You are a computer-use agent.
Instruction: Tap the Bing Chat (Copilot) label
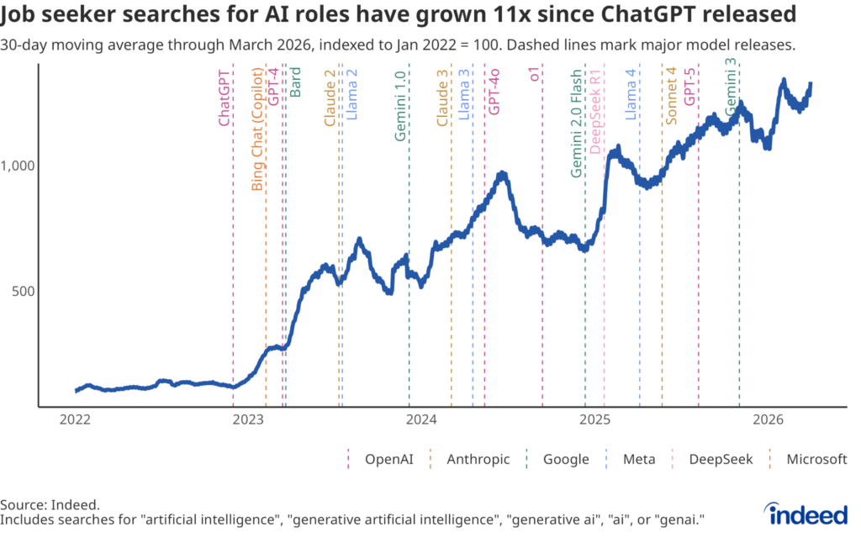click(x=258, y=129)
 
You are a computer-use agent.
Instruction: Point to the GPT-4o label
click(x=495, y=90)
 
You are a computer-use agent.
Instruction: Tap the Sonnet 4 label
click(x=671, y=96)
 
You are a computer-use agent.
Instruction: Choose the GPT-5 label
click(x=690, y=86)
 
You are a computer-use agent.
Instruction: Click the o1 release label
click(x=534, y=76)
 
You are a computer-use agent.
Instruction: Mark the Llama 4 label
click(x=631, y=96)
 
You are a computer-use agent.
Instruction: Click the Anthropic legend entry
click(x=476, y=459)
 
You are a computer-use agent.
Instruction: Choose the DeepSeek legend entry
click(x=720, y=459)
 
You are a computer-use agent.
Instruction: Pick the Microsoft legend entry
click(x=816, y=459)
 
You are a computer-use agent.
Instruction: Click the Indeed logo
click(x=807, y=512)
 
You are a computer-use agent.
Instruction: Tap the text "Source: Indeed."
click(x=50, y=504)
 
